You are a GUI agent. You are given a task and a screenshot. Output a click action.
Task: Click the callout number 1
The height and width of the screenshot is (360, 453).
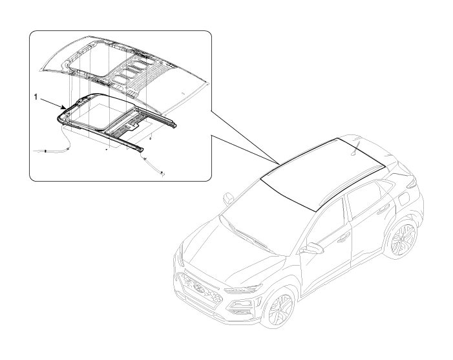[x=36, y=97]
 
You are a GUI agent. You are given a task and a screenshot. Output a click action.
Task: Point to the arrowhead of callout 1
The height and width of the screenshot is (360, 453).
[x=64, y=108]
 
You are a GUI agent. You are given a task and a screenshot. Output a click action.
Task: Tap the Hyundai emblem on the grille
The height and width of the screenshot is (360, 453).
[x=199, y=287]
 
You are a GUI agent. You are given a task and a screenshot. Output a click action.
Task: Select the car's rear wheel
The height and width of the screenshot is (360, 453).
[x=402, y=238]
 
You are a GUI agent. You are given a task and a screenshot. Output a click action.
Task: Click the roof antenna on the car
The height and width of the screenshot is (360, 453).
[x=355, y=149]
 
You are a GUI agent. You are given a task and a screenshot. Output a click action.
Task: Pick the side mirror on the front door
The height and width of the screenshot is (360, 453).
[x=313, y=248]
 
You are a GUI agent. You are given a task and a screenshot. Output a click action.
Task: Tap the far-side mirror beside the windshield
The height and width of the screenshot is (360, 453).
[x=228, y=199]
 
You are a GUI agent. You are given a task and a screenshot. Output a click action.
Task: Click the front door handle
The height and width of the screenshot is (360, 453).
[x=343, y=238]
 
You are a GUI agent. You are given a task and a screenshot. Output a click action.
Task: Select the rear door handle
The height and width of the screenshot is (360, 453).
[x=383, y=209]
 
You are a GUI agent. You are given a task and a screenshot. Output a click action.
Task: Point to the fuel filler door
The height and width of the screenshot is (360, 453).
[x=404, y=199]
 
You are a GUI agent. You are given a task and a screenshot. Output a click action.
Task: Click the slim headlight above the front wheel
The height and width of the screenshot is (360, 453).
[x=243, y=288]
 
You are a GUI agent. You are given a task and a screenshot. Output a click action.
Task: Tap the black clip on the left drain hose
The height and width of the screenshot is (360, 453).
[x=45, y=151]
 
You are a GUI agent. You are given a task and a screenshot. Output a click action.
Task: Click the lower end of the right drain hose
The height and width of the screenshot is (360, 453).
[x=162, y=173]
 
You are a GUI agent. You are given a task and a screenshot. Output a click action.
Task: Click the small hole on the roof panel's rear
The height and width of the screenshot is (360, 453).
[x=183, y=93]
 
